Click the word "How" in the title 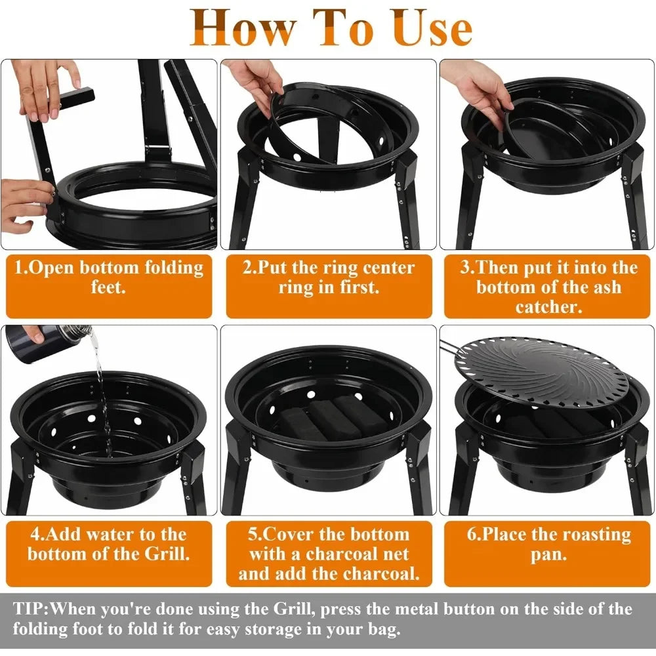click(x=242, y=28)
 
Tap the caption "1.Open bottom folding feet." click(x=109, y=277)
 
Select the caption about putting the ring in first click(x=329, y=277)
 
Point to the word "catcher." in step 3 click(x=548, y=307)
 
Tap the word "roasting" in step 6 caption click(x=594, y=535)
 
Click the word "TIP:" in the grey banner click(x=31, y=609)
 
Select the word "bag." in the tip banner click(x=385, y=630)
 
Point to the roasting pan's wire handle click(x=451, y=347)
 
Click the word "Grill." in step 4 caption click(x=167, y=554)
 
